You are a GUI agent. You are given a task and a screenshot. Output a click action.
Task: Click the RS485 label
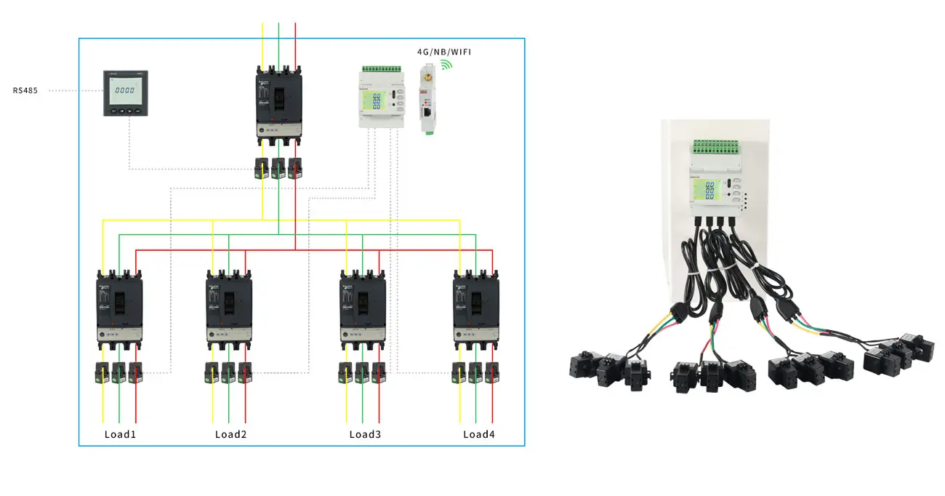[25, 91]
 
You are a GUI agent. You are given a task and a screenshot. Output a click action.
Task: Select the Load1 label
[120, 435]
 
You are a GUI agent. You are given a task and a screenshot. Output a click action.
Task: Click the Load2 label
[230, 435]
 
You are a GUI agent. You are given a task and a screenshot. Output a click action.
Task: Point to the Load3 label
[365, 435]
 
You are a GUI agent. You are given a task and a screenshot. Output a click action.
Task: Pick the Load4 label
[479, 435]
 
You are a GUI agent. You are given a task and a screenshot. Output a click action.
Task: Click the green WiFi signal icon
[446, 65]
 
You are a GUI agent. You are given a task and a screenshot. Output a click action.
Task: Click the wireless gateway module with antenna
[427, 98]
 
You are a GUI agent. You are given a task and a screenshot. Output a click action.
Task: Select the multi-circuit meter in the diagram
[381, 98]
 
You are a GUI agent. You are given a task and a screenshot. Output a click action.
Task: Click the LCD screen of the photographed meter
[703, 191]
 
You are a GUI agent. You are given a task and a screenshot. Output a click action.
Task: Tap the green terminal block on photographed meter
[717, 148]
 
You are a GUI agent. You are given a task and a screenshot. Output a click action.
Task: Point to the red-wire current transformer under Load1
[135, 372]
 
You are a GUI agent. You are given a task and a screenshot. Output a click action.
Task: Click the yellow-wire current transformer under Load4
[459, 372]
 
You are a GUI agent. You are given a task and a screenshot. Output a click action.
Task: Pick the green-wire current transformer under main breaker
[278, 168]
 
